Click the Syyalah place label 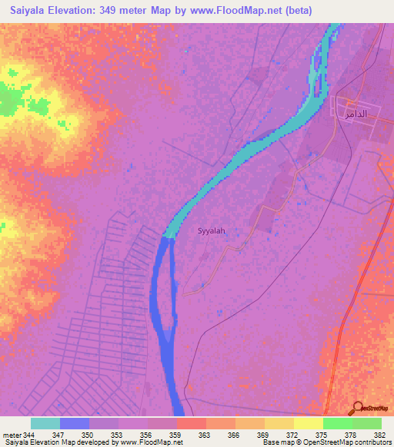212,230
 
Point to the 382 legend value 380,435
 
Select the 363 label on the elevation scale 205,435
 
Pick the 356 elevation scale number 146,435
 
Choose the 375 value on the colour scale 322,435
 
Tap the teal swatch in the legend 45,423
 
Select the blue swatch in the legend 75,423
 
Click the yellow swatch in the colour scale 308,423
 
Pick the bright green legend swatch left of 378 337,423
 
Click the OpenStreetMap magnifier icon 359,407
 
